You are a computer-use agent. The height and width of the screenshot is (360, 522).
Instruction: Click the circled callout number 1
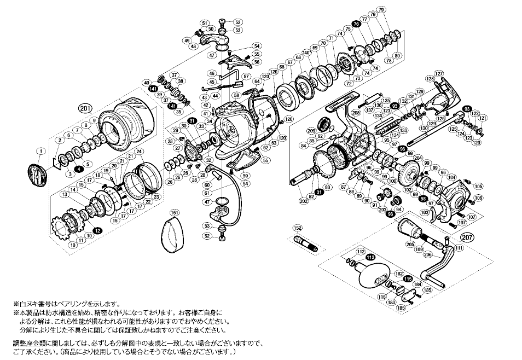[x=40, y=151]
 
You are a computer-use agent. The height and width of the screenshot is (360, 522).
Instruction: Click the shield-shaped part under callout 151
[x=172, y=235]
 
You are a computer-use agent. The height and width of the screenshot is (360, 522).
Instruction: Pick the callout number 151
[x=173, y=212]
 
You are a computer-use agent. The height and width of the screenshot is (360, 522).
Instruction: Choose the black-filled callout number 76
[x=356, y=25]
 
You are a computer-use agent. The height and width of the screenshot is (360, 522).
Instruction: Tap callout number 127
[x=438, y=73]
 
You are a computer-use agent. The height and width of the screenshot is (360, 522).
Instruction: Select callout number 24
[x=139, y=152]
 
